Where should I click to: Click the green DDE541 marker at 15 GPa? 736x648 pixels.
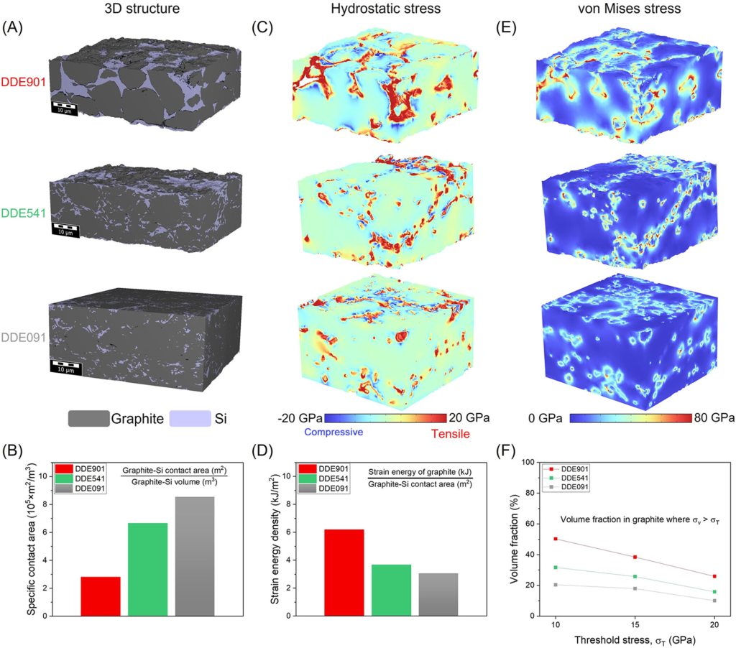click(635, 576)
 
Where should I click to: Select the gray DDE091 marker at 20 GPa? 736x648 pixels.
click(714, 601)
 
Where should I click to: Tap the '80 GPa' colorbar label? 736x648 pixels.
click(712, 417)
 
